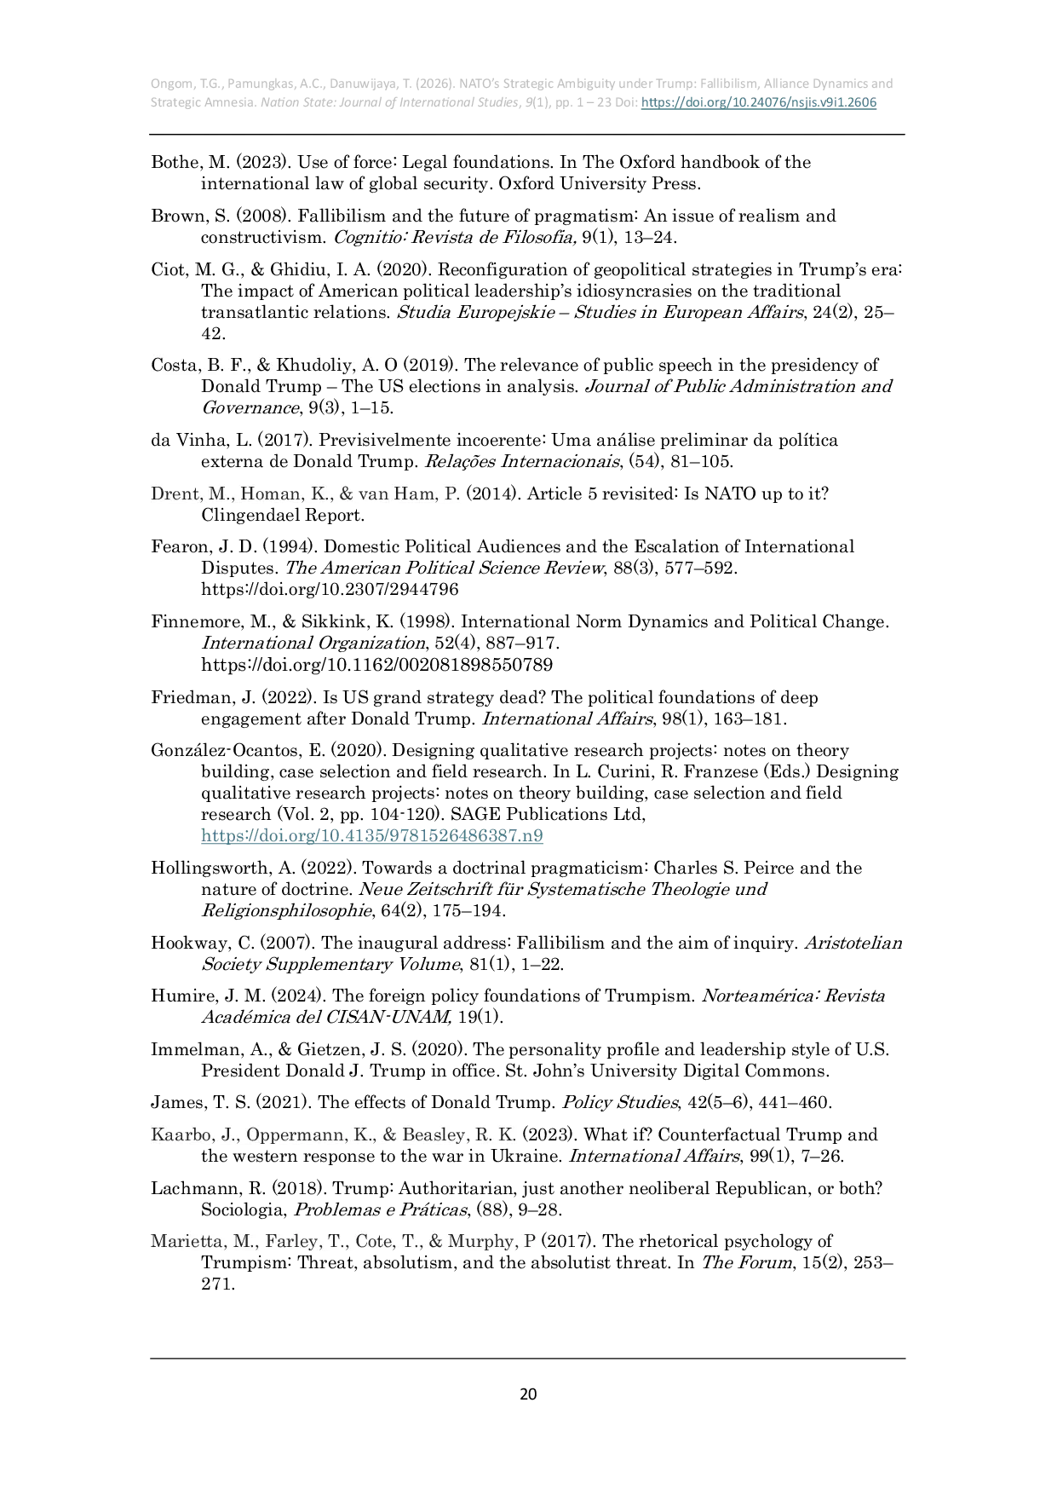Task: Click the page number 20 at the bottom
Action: tap(528, 1394)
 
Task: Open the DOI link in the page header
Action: tap(758, 102)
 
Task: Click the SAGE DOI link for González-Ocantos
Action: tap(372, 835)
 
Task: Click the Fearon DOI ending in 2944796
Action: tap(330, 590)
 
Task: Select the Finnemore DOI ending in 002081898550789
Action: tap(376, 665)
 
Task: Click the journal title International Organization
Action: tap(313, 644)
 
